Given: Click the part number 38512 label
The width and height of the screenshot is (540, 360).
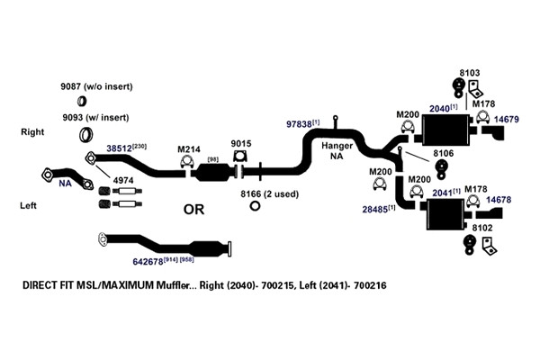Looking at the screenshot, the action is coord(119,148).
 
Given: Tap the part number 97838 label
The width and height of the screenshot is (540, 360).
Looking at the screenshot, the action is coord(299,124).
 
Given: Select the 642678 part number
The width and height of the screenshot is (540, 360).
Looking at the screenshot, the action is coord(148,262).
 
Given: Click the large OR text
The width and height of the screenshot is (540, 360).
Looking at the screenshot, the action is coord(193,210).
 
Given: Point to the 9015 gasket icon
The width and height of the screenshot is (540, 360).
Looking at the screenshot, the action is coord(240,156).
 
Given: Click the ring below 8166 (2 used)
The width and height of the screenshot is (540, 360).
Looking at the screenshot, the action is coord(255,206).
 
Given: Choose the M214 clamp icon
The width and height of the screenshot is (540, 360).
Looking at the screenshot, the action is coord(187,162).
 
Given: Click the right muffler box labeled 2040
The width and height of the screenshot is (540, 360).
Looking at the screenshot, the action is coord(445,130).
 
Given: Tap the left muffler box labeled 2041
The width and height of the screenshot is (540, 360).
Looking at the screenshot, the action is coord(446,214).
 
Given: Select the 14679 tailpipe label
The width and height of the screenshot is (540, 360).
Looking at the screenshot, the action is coord(506,120).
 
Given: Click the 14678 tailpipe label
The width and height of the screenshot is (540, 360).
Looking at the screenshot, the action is coord(499,200).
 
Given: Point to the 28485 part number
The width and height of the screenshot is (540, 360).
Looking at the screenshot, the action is coord(374,210).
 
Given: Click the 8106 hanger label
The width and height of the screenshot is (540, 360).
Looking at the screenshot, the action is coord(443,153).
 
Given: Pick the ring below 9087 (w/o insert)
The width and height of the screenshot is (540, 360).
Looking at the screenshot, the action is coord(82,101).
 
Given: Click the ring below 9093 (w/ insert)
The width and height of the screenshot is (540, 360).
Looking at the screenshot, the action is coord(86,134).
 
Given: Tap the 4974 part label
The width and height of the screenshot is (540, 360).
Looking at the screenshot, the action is coord(123,181).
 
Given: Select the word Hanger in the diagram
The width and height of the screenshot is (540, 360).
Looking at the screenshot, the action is coord(337,146).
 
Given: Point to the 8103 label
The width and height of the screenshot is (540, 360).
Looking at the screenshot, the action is coord(470,73).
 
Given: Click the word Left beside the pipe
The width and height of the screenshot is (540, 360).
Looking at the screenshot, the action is coord(28,206).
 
